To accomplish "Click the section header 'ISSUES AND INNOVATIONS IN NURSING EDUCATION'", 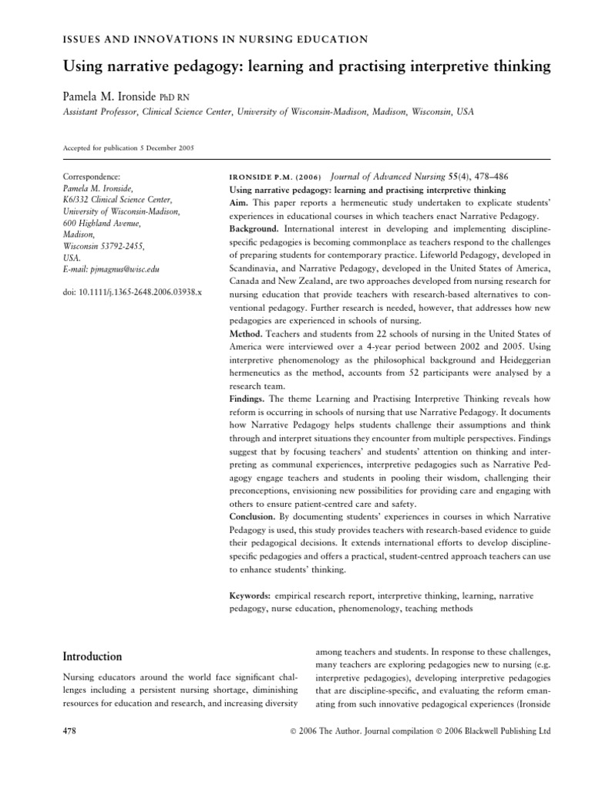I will point(214,38).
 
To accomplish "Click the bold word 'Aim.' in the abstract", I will point(240,204).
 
